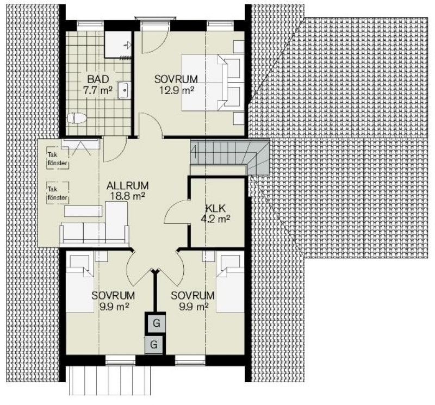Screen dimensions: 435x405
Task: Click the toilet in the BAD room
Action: pyautogui.click(x=77, y=118)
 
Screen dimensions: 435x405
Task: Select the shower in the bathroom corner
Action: pyautogui.click(x=118, y=45)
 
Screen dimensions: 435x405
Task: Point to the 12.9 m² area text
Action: pyautogui.click(x=176, y=90)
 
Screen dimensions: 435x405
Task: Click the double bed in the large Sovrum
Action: pyautogui.click(x=213, y=83)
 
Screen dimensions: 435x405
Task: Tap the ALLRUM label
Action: pyautogui.click(x=128, y=185)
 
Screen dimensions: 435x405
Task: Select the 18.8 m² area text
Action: pyautogui.click(x=128, y=196)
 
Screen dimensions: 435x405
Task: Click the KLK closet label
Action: pyautogui.click(x=215, y=209)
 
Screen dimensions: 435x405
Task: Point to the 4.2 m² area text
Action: pyautogui.click(x=215, y=219)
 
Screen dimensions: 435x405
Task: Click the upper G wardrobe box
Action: pyautogui.click(x=156, y=322)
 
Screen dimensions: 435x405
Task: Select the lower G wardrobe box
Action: pyautogui.click(x=154, y=345)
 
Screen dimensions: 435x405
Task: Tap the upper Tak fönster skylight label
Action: pyautogui.click(x=58, y=159)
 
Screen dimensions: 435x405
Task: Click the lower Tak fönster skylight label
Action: pyautogui.click(x=58, y=194)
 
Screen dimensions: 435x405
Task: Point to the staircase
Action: pyautogui.click(x=229, y=157)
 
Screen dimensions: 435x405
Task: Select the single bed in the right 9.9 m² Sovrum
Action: pyautogui.click(x=230, y=282)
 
